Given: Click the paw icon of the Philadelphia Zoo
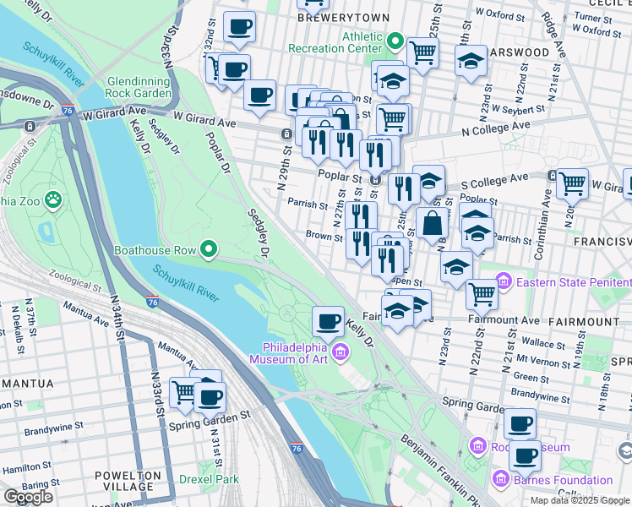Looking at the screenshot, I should pyautogui.click(x=53, y=200).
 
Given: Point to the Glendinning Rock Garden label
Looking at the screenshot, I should pyautogui.click(x=139, y=86).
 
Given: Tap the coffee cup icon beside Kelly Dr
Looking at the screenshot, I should pyautogui.click(x=328, y=320).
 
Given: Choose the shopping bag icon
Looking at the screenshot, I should pyautogui.click(x=432, y=224).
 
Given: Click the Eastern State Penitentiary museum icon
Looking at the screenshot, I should pyautogui.click(x=504, y=279).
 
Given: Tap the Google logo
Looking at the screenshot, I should pyautogui.click(x=28, y=497).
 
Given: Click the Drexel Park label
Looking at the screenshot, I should pyautogui.click(x=210, y=478).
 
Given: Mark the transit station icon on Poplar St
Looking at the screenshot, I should pyautogui.click(x=378, y=180).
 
